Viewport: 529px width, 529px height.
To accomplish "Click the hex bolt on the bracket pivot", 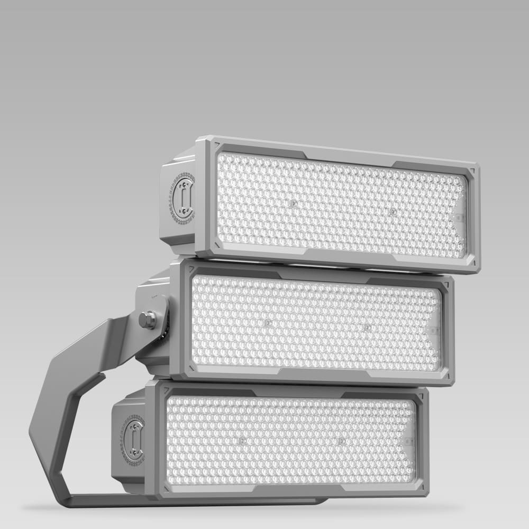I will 148,320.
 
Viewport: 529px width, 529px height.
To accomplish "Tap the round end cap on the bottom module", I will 134,439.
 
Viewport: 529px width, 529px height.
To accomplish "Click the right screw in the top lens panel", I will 392,211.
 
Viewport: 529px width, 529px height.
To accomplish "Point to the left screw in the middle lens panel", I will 267,322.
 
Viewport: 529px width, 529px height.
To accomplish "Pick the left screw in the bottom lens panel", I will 242,440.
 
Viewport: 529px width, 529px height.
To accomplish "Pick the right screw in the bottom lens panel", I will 341,440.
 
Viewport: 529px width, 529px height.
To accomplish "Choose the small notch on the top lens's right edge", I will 458,217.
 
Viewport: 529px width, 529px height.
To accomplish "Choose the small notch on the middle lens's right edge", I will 433,331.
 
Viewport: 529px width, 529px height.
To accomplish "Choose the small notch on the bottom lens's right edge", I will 408,441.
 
